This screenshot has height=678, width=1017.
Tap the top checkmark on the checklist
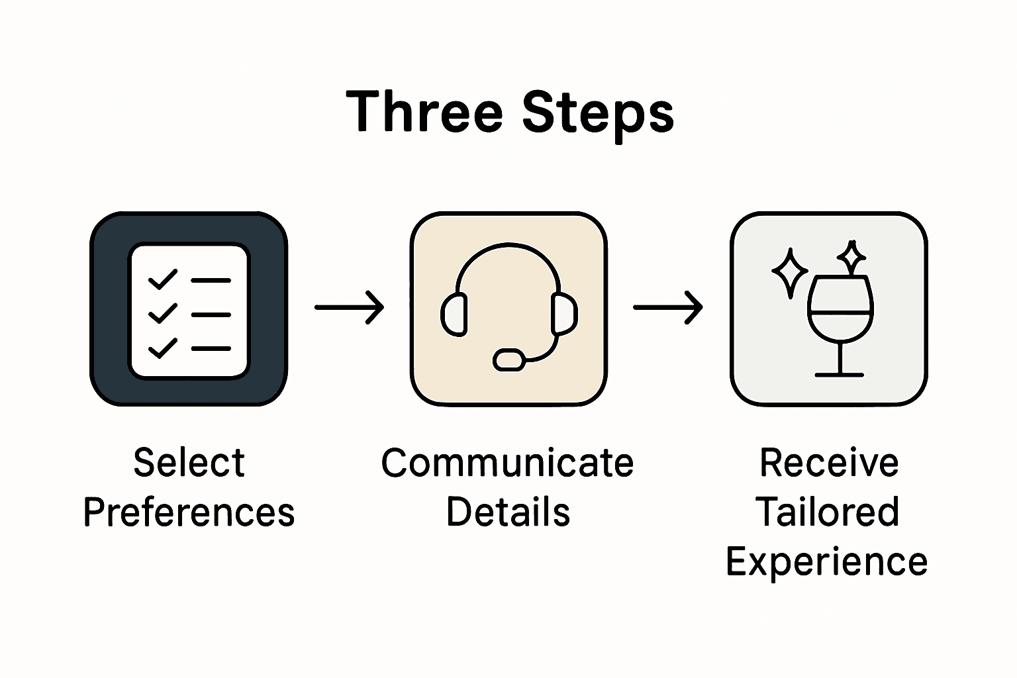[x=163, y=279]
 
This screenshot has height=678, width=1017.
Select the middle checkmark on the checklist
[x=163, y=313]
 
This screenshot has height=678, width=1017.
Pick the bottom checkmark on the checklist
[x=163, y=348]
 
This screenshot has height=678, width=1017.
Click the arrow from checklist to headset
[x=349, y=307]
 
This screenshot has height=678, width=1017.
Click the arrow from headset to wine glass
[x=667, y=307]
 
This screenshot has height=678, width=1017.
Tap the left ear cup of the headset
[x=454, y=313]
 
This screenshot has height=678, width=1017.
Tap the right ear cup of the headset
[x=563, y=313]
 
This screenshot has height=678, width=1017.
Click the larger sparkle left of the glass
[x=790, y=272]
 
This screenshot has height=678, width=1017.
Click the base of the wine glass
[x=839, y=375]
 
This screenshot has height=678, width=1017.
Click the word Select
[x=189, y=462]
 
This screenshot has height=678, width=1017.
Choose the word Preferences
[x=189, y=512]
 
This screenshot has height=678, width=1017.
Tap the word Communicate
[x=507, y=462]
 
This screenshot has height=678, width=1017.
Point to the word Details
[x=508, y=512]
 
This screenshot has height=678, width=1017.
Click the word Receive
[x=828, y=462]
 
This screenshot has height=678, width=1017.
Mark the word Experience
[x=827, y=561]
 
